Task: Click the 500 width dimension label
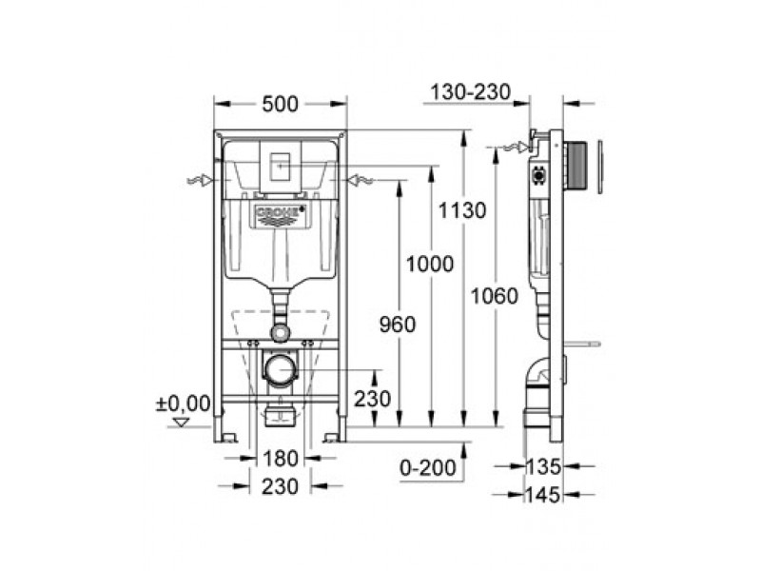280,105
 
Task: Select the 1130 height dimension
462,210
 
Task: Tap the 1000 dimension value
430,265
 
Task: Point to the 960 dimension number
398,325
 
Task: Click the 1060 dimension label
495,296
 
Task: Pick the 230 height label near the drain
372,399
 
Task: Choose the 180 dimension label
280,459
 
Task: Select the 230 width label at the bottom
280,486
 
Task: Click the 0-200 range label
427,467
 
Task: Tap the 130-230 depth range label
471,91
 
